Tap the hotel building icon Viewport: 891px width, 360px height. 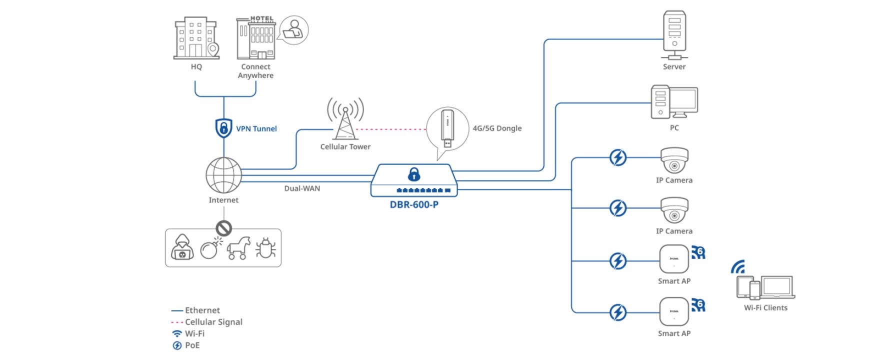click(x=256, y=38)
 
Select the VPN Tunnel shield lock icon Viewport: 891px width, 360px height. click(x=223, y=128)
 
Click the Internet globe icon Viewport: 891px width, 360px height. click(x=223, y=175)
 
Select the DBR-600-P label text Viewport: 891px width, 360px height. click(x=414, y=204)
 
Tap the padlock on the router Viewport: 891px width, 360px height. click(x=414, y=174)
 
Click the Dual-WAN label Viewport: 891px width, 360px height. click(x=302, y=188)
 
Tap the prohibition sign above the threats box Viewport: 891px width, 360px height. click(x=223, y=228)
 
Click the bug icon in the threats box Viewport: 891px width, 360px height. click(x=265, y=247)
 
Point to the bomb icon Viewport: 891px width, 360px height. click(x=209, y=248)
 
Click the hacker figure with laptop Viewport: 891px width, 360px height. click(x=182, y=247)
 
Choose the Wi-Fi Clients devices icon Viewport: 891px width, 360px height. click(x=765, y=287)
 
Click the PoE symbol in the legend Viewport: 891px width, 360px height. click(x=177, y=345)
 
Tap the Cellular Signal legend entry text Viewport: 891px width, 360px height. click(x=213, y=322)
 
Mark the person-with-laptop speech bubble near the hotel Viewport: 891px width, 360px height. click(x=293, y=29)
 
